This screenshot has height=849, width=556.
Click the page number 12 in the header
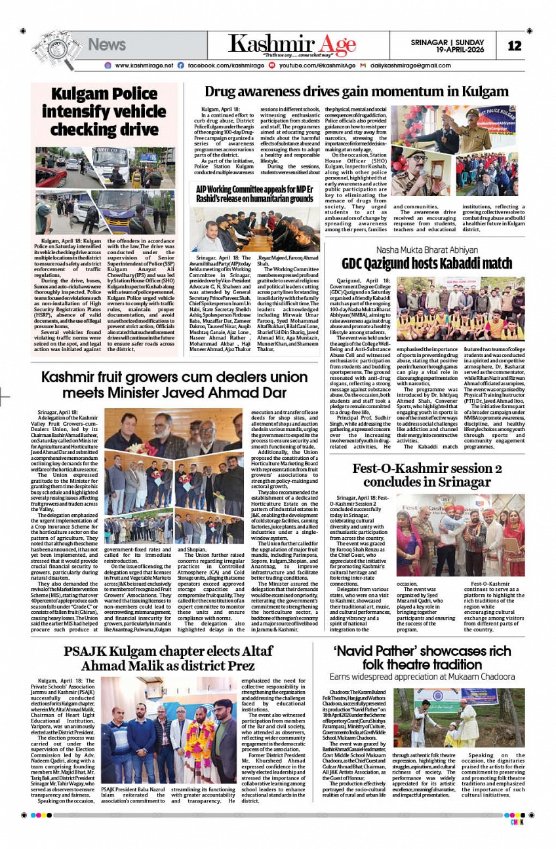point(514,45)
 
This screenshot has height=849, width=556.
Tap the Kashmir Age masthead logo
point(292,45)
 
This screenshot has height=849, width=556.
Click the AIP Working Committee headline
point(254,194)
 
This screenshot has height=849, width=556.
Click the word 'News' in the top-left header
point(106,45)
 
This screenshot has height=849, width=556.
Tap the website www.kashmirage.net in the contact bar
point(144,66)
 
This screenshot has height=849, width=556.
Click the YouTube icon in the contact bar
point(271,66)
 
